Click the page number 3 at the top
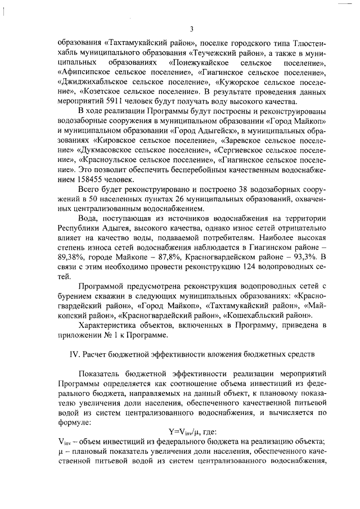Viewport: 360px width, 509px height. pos(191,29)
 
